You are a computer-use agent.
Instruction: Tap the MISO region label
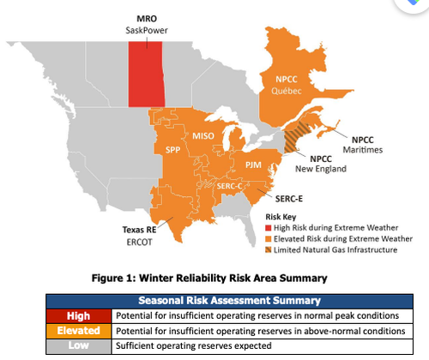(x=203, y=135)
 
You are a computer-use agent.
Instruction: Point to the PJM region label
(x=253, y=163)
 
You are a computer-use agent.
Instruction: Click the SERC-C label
(x=227, y=186)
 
